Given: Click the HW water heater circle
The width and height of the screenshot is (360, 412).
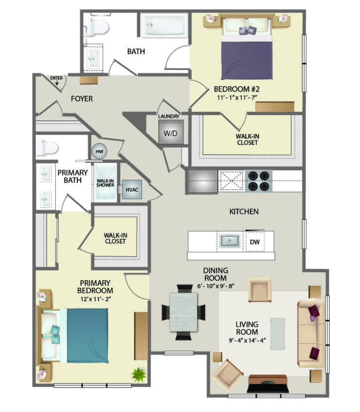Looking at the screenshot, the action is click(99, 151).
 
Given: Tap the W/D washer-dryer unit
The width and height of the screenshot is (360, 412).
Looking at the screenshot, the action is click(171, 133).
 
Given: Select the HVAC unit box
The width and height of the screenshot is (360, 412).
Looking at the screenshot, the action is click(132, 190).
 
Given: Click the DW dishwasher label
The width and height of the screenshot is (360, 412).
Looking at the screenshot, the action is click(255, 242).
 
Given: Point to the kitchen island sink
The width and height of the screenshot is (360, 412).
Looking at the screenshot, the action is click(230, 241).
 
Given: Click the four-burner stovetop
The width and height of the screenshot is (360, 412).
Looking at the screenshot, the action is click(259, 181).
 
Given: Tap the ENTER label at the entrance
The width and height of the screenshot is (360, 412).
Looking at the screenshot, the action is click(57, 78).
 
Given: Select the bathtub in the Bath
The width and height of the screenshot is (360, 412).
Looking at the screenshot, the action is click(164, 25).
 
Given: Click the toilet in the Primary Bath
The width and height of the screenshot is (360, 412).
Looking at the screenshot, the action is click(47, 148).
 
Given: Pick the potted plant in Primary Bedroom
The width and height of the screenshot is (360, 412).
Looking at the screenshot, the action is click(138, 374).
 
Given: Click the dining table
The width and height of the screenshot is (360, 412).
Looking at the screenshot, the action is click(184, 312).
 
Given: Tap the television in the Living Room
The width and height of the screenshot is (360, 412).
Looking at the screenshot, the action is click(268, 387).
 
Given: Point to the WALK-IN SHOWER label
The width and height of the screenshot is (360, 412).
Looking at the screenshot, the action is click(105, 183).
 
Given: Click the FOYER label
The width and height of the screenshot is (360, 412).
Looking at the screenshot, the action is click(82, 99).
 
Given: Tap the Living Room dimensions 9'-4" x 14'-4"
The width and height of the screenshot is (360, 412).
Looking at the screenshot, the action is click(247, 340).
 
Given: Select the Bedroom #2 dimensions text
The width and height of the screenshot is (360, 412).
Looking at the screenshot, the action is click(237, 98).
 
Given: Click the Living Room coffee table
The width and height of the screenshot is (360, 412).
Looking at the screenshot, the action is click(278, 334).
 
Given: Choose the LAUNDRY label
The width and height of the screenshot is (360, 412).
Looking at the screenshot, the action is click(169, 116).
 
